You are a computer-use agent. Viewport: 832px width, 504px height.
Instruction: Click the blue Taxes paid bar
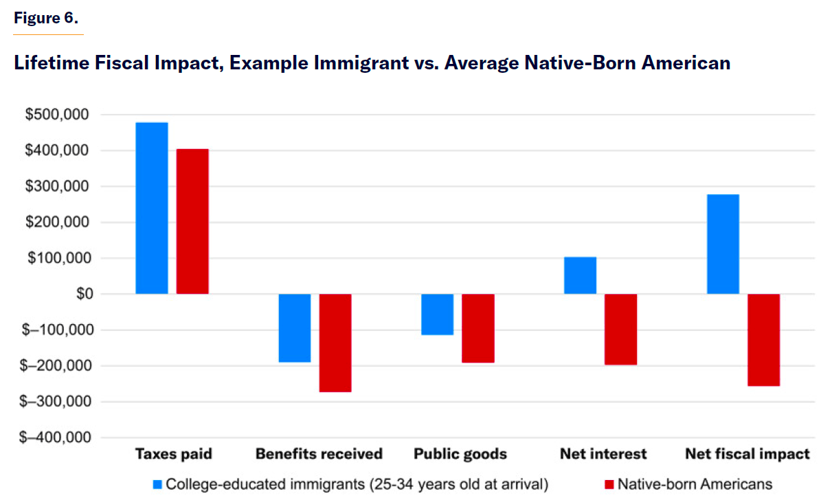[x=152, y=208]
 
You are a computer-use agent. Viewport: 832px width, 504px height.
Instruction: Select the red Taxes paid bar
[x=192, y=221]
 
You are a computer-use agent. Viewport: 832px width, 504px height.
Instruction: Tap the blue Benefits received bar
[x=294, y=328]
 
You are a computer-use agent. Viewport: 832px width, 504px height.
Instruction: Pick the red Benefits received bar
[x=335, y=343]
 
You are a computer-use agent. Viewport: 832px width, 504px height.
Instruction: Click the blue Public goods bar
[x=437, y=314]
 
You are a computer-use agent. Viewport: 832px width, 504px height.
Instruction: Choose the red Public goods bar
[x=478, y=328]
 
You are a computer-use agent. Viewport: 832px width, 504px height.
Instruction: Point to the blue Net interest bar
[x=580, y=275]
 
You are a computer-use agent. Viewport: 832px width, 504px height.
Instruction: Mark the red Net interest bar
[x=621, y=329]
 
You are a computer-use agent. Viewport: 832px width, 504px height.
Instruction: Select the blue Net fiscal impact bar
[x=723, y=244]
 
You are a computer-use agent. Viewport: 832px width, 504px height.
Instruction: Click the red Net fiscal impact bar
[x=763, y=340]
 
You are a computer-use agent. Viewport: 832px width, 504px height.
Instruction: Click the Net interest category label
[x=603, y=454]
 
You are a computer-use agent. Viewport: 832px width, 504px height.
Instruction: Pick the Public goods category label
[x=460, y=454]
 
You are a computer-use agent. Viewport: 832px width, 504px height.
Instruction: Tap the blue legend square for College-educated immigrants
[x=158, y=484]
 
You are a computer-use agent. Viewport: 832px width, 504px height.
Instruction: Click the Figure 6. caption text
[x=47, y=19]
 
